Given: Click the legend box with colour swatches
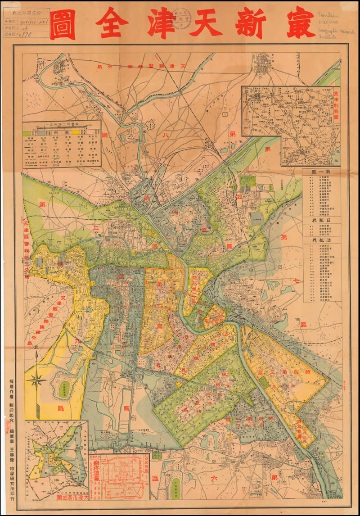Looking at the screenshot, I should click(x=62, y=143).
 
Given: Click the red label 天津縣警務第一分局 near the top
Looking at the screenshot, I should click(x=135, y=66).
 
